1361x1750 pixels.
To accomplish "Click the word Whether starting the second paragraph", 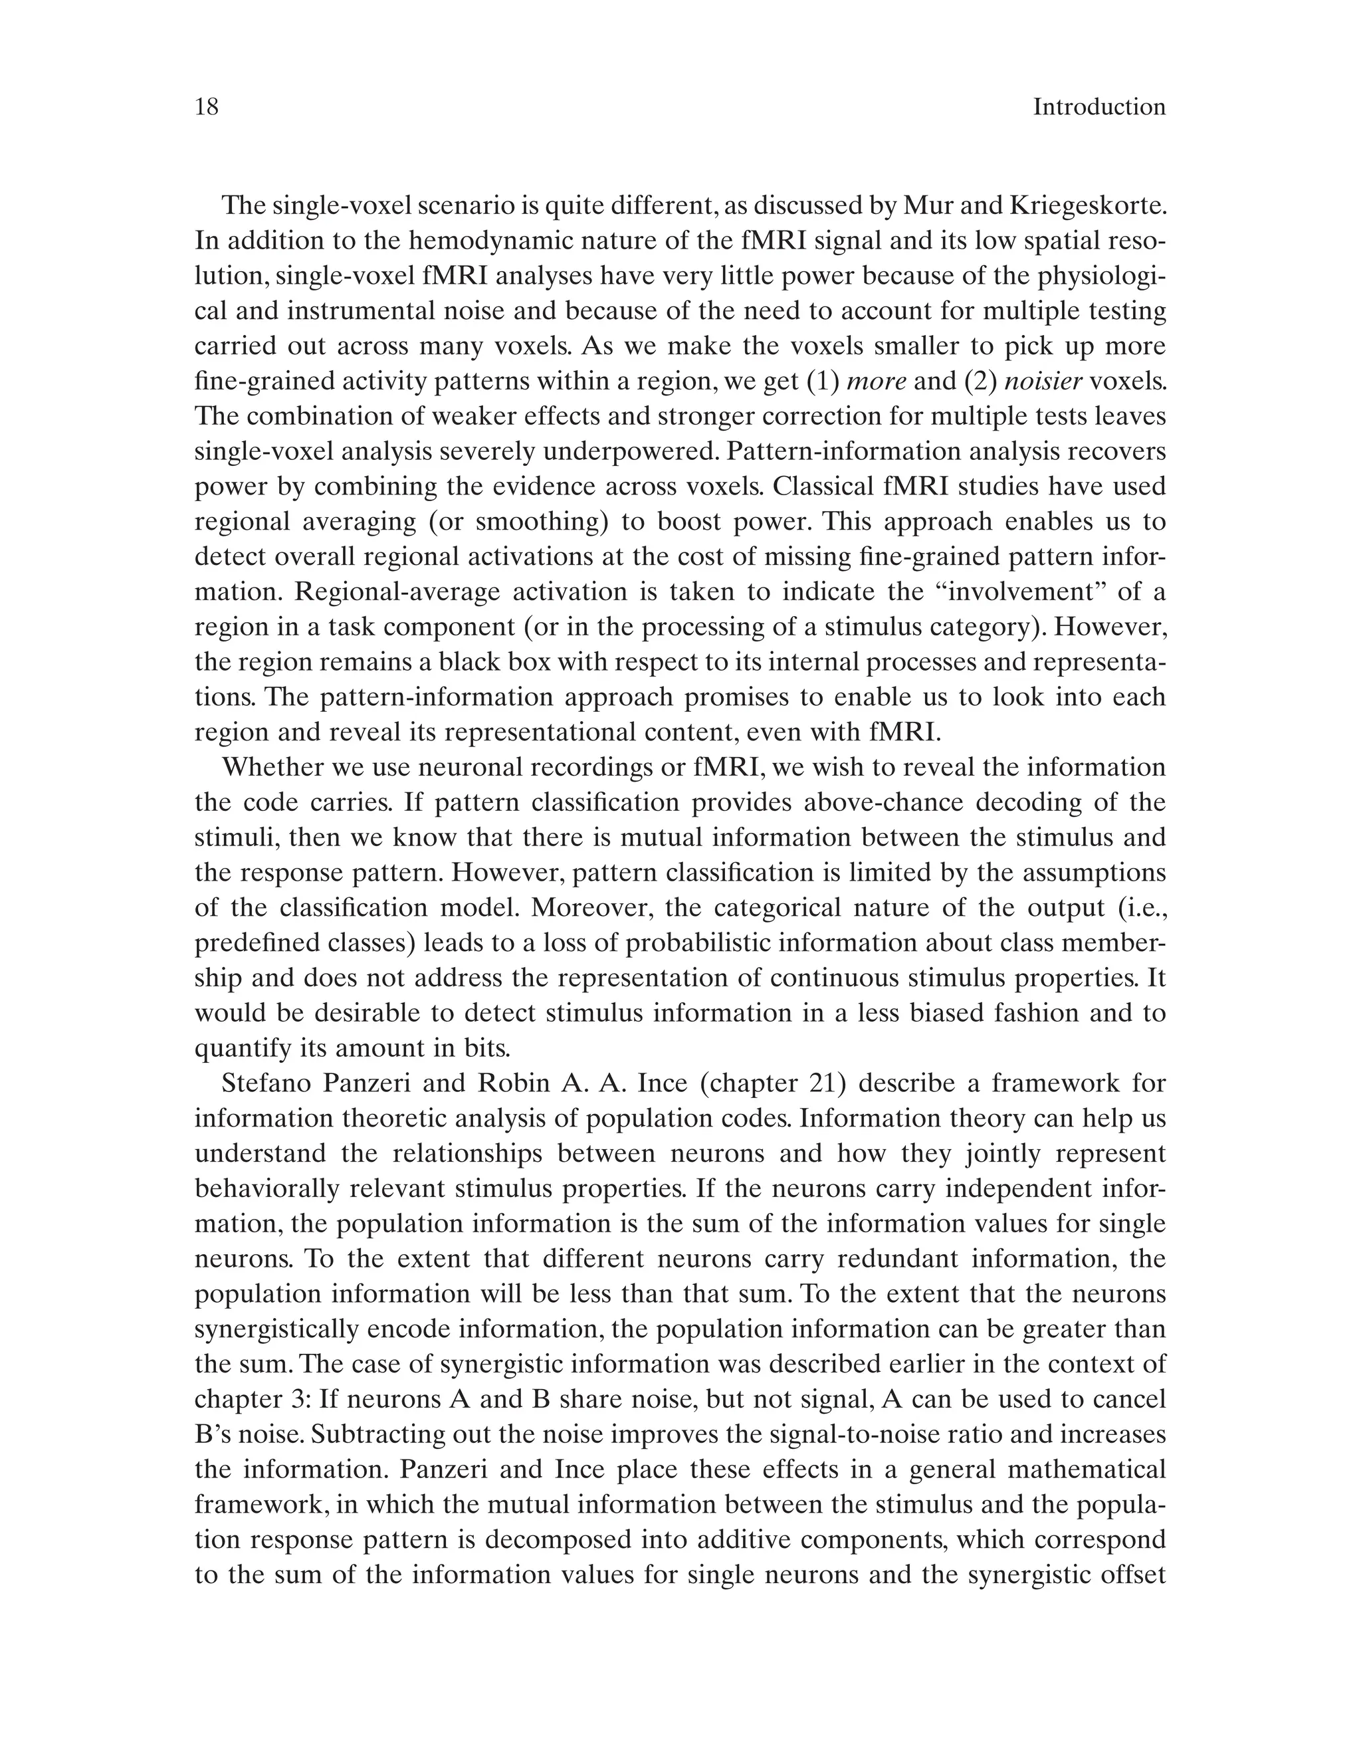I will (x=272, y=768).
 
